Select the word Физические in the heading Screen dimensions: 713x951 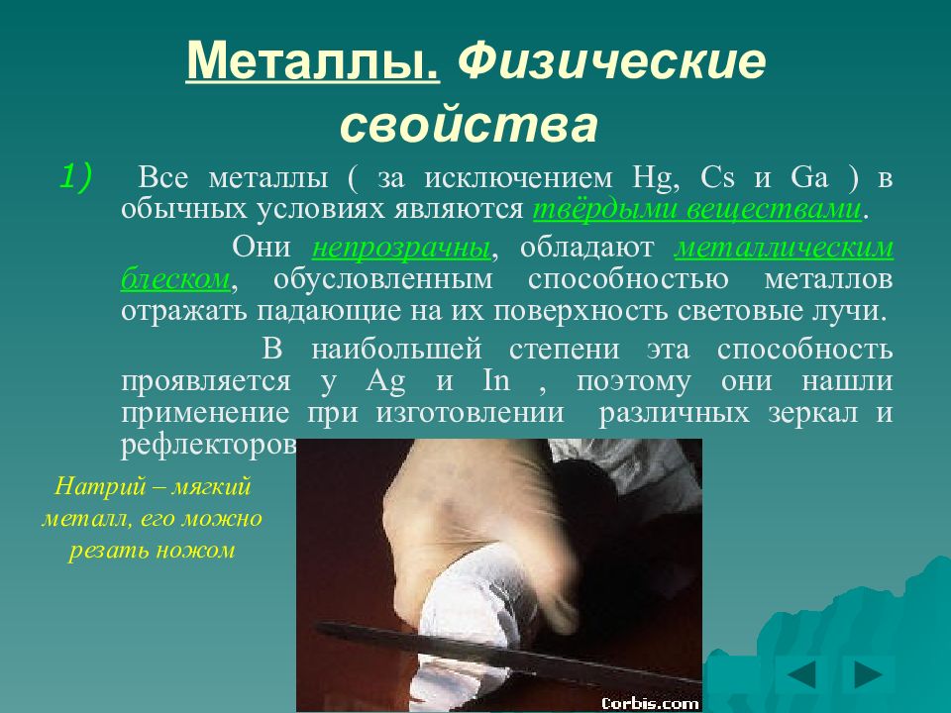click(610, 62)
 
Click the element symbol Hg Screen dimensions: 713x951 click(653, 179)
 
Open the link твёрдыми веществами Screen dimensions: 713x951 click(697, 210)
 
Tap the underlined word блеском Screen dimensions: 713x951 click(175, 280)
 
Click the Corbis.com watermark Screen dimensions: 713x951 click(650, 703)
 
